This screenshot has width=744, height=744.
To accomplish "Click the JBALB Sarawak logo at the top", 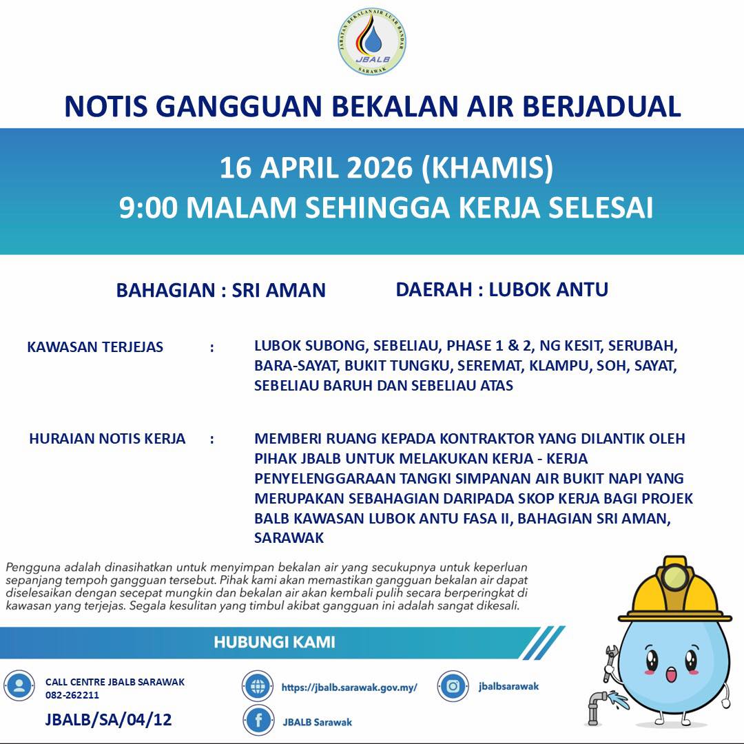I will [x=372, y=41].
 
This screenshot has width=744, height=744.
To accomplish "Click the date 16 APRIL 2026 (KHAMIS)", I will [x=386, y=169].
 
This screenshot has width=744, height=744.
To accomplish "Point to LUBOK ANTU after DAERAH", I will [x=548, y=289].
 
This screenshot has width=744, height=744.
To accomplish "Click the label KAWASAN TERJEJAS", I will [x=95, y=347].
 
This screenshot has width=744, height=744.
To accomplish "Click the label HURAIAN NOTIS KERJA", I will [x=107, y=439].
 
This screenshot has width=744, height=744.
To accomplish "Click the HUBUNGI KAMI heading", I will [x=274, y=643].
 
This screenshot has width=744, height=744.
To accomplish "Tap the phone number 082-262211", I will [x=72, y=695].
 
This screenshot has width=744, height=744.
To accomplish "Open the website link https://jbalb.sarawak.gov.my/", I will [x=349, y=687].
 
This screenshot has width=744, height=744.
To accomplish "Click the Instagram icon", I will [x=453, y=686].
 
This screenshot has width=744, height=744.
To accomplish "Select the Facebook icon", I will [x=259, y=721].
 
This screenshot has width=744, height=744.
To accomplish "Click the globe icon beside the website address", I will [x=258, y=686].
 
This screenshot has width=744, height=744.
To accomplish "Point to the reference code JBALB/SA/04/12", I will [x=108, y=720].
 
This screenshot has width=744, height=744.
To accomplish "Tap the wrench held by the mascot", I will [x=610, y=662].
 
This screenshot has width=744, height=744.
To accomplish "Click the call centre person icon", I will [x=19, y=686].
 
